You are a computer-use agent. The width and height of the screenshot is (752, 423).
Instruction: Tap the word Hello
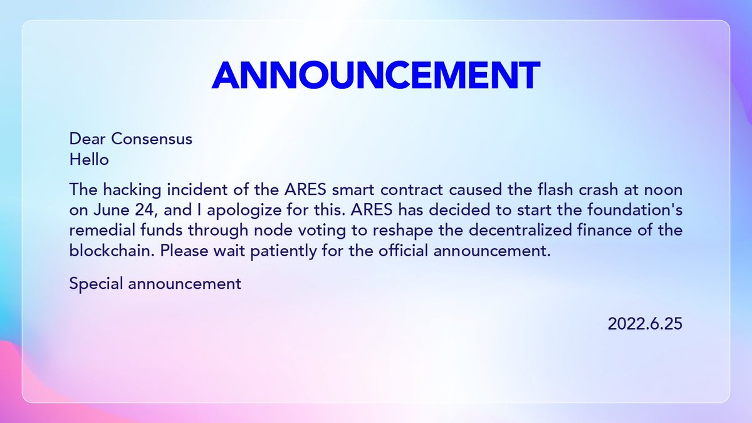89,160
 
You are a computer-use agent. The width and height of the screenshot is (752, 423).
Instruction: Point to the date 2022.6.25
644,324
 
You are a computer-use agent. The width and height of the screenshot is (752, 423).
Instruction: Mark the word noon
662,189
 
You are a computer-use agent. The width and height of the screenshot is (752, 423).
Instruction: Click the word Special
97,283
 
